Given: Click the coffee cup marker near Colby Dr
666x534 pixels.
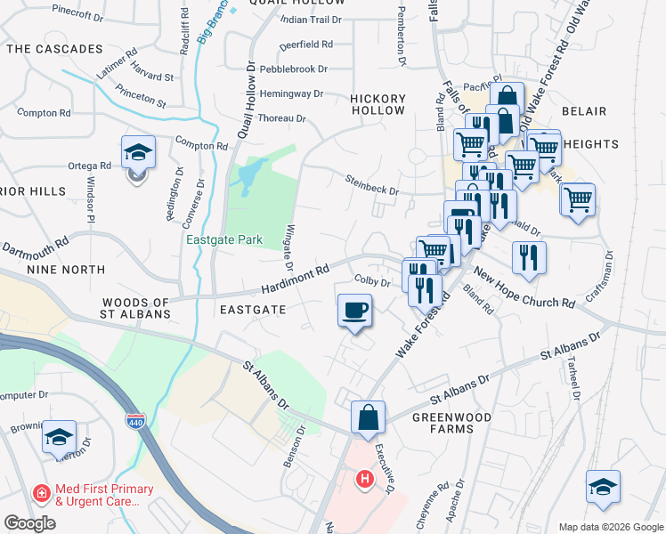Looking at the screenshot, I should coord(354,311).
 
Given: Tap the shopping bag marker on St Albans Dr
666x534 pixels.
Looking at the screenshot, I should coord(368,417).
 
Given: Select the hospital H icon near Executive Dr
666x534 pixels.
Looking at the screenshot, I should coord(363,481).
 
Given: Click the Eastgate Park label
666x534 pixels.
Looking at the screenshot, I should coord(212,239).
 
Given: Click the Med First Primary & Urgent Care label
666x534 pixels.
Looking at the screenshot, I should coord(93,495).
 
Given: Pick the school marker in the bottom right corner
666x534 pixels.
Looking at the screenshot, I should coord(603,487).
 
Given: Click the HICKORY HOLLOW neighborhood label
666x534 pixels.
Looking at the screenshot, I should coord(378,104).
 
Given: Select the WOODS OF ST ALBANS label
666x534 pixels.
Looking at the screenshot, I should coord(136,309).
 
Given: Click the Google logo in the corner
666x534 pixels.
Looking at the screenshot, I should coord(30,523).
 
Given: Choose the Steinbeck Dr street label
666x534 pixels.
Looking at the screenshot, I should coord(372,184).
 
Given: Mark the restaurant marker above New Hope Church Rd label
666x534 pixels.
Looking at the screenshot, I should coord(529,257).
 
